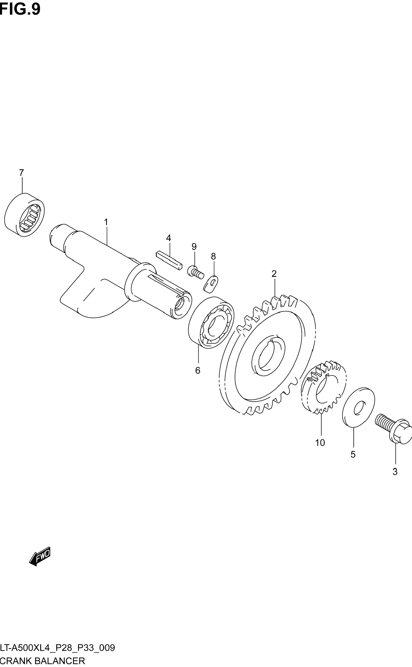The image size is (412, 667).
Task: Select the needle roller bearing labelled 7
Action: click(x=24, y=215)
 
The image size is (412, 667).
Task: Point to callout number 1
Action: click(x=106, y=222)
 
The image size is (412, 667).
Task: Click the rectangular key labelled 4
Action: click(x=169, y=260)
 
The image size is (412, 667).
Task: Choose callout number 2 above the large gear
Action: click(x=274, y=274)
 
